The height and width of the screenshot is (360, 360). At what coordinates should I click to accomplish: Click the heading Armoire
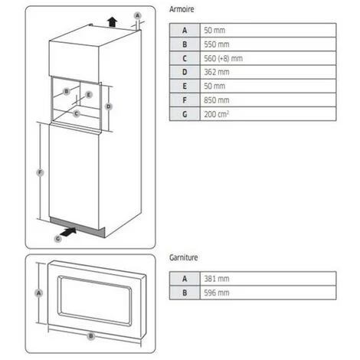pos(182,9)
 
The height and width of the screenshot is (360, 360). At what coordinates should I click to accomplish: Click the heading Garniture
pos(183,257)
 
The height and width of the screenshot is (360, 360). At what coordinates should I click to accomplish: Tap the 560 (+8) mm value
pos(223,58)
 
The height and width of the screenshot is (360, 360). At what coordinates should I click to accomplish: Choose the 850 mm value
pos(217,100)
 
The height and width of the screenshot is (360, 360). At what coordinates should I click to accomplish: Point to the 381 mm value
pos(217,279)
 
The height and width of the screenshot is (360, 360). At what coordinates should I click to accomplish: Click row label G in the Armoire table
pos(185,114)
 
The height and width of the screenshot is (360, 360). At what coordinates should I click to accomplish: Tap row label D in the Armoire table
pos(185,72)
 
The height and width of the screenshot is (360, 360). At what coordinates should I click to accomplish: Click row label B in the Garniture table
pos(185,293)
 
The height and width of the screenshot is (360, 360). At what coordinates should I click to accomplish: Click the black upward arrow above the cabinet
pos(112,22)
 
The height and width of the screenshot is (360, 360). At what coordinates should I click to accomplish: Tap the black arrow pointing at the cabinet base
pos(69,232)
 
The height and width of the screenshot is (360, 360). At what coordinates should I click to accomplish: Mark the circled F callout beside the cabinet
pos(40,172)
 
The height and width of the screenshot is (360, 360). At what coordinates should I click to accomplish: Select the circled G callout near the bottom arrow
pos(58,239)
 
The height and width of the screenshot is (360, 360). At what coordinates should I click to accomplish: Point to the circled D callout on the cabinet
pos(109,106)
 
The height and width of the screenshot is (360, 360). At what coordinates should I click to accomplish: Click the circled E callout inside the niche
pos(89,95)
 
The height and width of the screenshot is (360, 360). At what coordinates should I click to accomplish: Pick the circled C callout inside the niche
pos(76,113)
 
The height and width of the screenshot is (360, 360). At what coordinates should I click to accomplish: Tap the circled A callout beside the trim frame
pos(39,293)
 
